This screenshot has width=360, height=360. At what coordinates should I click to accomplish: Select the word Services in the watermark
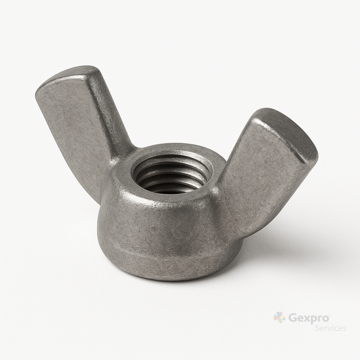click(330, 328)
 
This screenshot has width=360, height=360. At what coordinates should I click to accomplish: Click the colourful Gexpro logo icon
click(279, 317)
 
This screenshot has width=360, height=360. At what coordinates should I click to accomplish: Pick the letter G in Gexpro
click(292, 318)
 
